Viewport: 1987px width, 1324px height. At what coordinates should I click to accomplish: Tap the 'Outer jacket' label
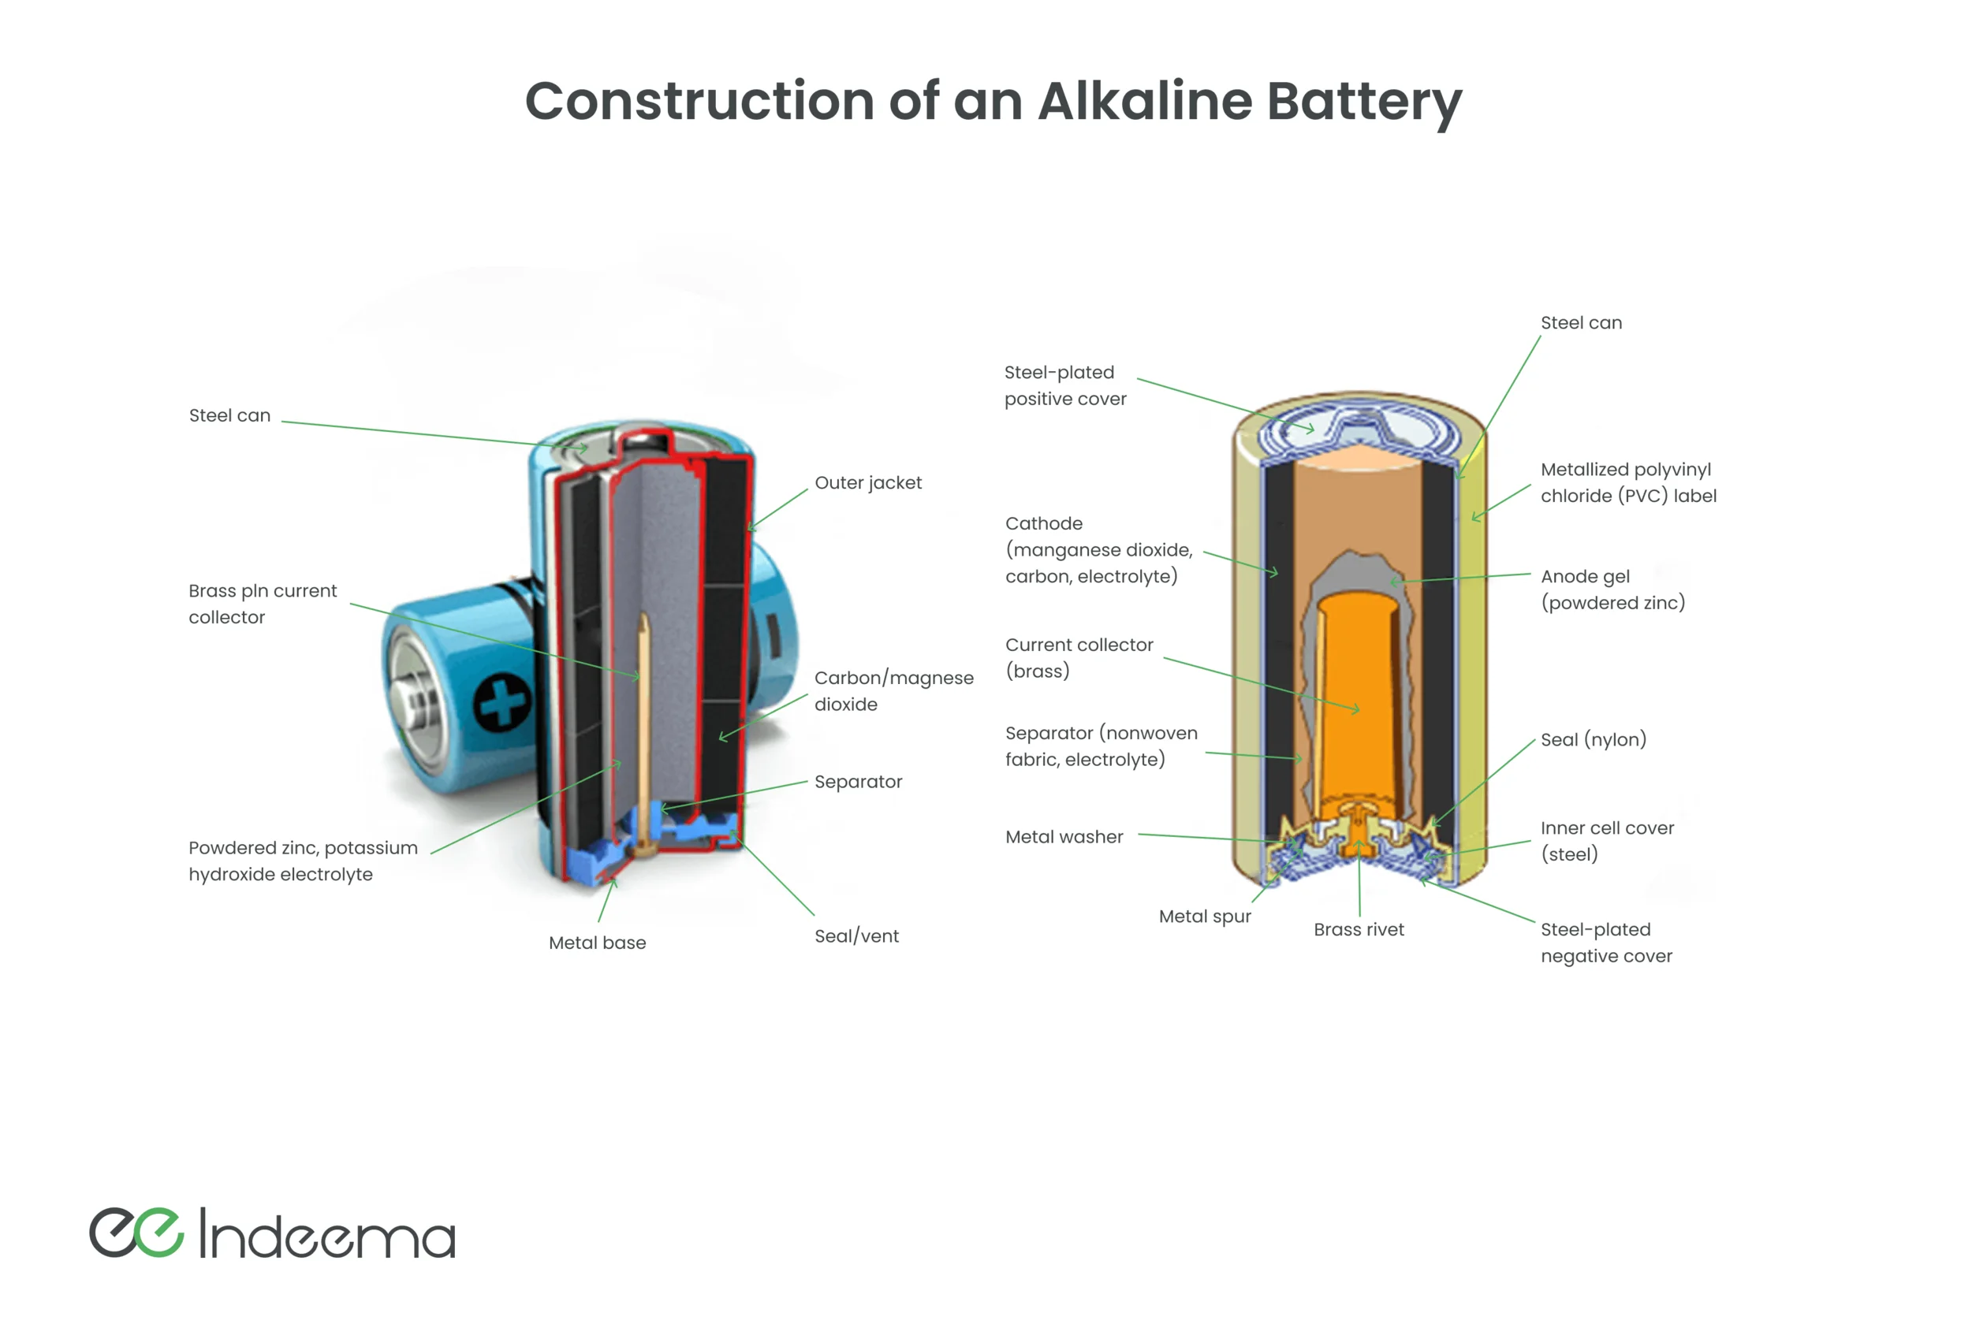click(x=867, y=483)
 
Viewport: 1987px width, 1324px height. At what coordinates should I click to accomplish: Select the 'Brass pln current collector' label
click(x=262, y=604)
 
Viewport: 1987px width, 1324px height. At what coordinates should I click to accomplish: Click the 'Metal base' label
click(x=598, y=943)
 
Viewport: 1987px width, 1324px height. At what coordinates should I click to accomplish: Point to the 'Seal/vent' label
click(x=856, y=935)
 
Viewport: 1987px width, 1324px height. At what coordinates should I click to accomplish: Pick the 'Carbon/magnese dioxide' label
click(x=893, y=690)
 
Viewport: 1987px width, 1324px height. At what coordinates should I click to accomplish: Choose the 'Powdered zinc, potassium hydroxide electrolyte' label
click(x=303, y=861)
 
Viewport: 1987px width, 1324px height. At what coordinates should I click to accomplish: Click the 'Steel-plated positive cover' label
click(x=1064, y=385)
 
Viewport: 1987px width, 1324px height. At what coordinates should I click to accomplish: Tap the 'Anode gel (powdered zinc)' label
click(x=1612, y=589)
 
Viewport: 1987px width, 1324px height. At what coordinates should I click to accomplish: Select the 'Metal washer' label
click(x=1064, y=837)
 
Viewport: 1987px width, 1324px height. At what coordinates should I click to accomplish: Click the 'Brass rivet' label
click(x=1359, y=930)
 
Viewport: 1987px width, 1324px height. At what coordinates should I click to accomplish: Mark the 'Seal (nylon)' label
click(x=1593, y=740)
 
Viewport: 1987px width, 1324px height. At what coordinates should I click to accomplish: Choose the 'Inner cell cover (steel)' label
click(x=1606, y=841)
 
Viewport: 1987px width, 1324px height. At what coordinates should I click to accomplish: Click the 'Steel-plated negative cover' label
click(x=1606, y=943)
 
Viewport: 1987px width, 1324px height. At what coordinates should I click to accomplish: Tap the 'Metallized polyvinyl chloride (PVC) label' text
click(x=1628, y=482)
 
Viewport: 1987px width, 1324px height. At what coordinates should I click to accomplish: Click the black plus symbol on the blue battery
click(x=503, y=702)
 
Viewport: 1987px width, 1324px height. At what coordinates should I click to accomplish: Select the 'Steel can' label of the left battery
click(x=229, y=415)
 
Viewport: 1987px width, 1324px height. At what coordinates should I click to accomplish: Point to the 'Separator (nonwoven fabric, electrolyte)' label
click(x=1101, y=746)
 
